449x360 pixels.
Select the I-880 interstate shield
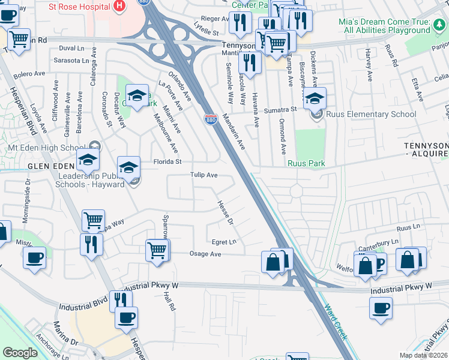pyautogui.click(x=211, y=119)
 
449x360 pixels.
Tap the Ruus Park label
pyautogui.click(x=307, y=161)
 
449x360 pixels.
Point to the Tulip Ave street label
pyautogui.click(x=203, y=175)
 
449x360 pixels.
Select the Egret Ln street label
pyautogui.click(x=224, y=242)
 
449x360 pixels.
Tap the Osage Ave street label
pyautogui.click(x=206, y=254)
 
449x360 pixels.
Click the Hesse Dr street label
pyautogui.click(x=224, y=213)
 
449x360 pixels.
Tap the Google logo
pyautogui.click(x=20, y=353)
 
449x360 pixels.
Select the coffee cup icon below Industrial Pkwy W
pyautogui.click(x=381, y=308)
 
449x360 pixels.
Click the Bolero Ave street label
pyautogui.click(x=29, y=74)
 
